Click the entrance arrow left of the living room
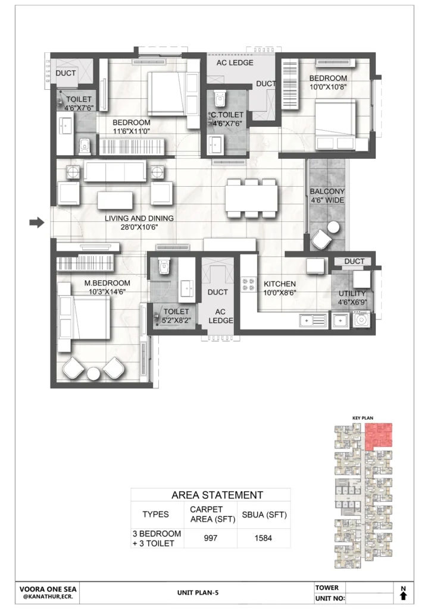click(x=37, y=222)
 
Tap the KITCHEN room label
click(x=279, y=284)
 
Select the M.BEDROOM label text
click(x=107, y=283)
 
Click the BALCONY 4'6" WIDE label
click(x=327, y=196)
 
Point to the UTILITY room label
click(x=352, y=294)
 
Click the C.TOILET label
click(x=227, y=115)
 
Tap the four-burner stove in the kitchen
click(x=249, y=284)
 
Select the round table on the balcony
click(x=333, y=227)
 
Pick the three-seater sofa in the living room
click(x=115, y=171)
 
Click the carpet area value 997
click(x=210, y=538)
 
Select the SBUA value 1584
click(x=263, y=538)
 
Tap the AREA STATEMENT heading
click(x=217, y=495)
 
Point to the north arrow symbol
click(x=403, y=595)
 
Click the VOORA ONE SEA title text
click(x=48, y=589)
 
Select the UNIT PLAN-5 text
click(x=198, y=593)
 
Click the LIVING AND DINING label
click(x=139, y=218)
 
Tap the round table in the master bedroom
click(x=93, y=373)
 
